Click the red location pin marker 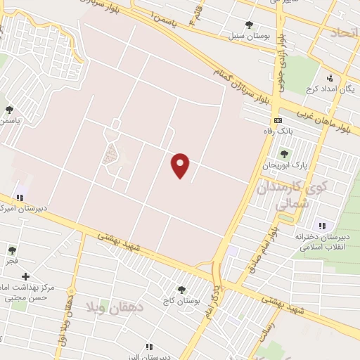tap(181, 165)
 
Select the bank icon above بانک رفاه tap(278, 120)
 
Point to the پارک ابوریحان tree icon tap(284, 154)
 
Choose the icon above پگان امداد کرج tap(329, 78)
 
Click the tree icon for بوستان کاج tap(181, 289)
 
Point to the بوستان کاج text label tap(181, 300)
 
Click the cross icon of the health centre tap(25, 278)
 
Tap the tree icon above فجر tap(12, 250)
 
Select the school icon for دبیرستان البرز tap(148, 347)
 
